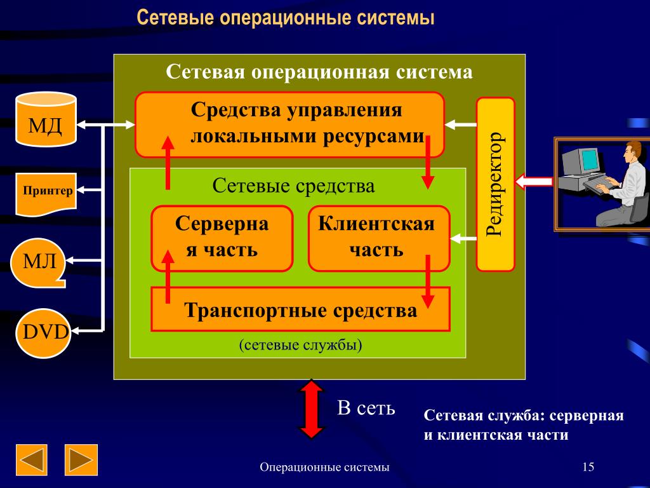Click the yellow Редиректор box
tap(495, 184)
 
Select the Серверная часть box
tap(222, 238)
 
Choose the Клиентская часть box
tap(378, 238)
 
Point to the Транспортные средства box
tap(300, 310)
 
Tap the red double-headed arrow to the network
tap(311, 408)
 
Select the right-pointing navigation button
tap(81, 460)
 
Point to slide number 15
tap(587, 468)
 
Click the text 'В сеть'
tap(366, 408)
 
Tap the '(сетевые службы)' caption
tap(300, 345)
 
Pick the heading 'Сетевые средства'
tap(293, 186)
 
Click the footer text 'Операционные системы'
tap(325, 468)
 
